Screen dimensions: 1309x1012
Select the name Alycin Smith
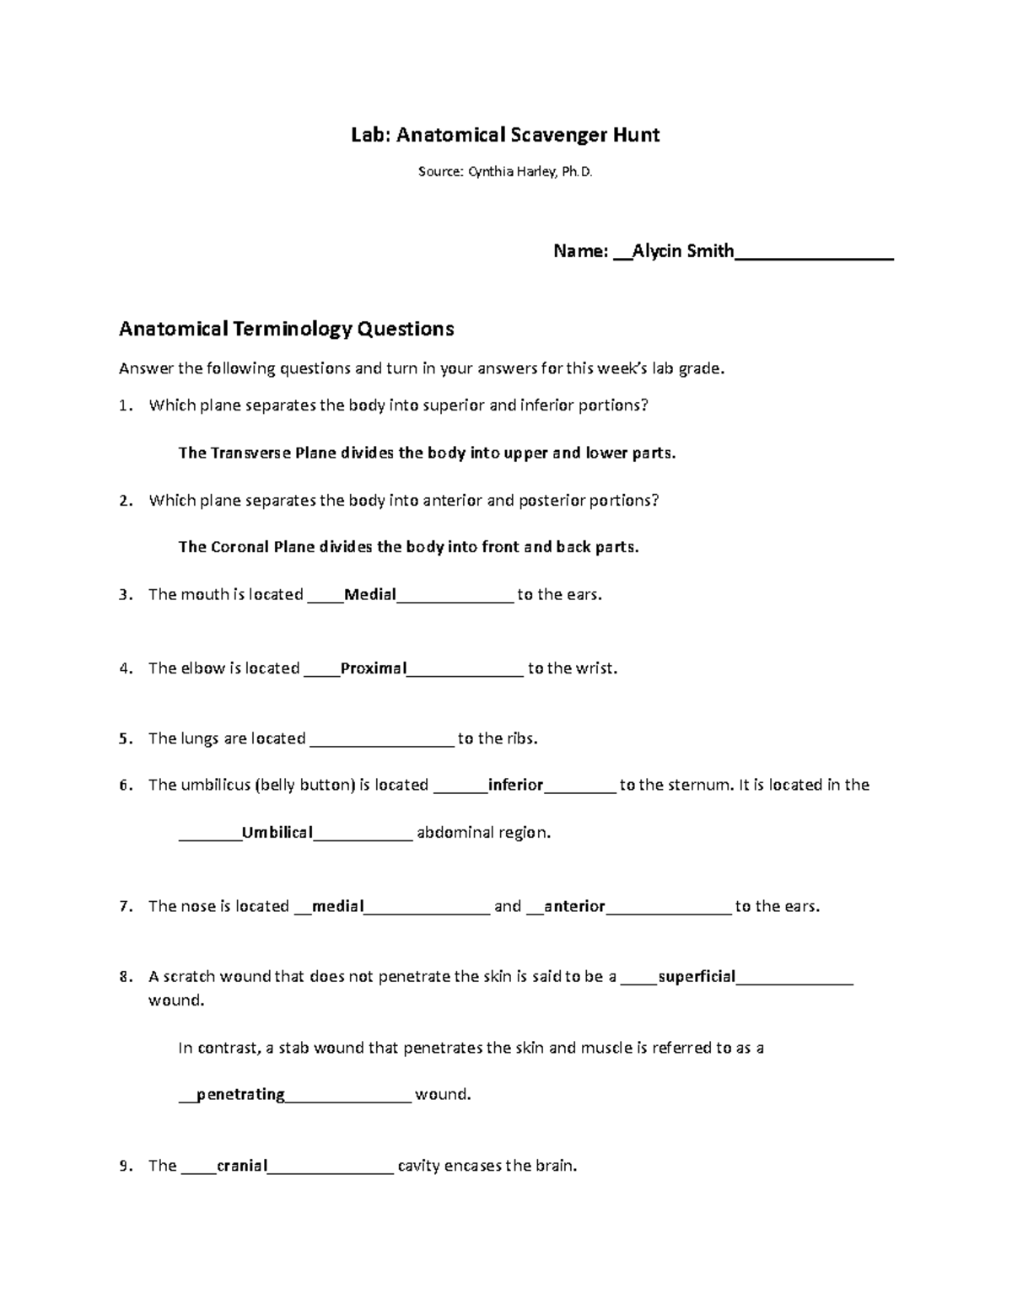pyautogui.click(x=683, y=251)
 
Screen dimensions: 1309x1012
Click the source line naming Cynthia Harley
pyautogui.click(x=505, y=172)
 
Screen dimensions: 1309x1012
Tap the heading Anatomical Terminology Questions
pyautogui.click(x=286, y=329)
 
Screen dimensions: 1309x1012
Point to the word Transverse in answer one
pyautogui.click(x=250, y=453)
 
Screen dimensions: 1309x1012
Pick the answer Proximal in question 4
pyautogui.click(x=374, y=668)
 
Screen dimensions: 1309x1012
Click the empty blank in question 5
pyautogui.click(x=382, y=739)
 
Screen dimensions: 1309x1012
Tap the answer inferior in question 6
pyautogui.click(x=515, y=786)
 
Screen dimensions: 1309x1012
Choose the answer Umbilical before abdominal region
pyautogui.click(x=277, y=833)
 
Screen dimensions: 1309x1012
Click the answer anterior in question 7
pyautogui.click(x=574, y=907)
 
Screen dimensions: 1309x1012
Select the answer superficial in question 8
pyautogui.click(x=697, y=977)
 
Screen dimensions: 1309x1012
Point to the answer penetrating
pyautogui.click(x=240, y=1095)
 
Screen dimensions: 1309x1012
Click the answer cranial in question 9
pyautogui.click(x=242, y=1167)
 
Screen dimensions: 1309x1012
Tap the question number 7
pyautogui.click(x=125, y=907)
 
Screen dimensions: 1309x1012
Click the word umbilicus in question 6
pyautogui.click(x=217, y=786)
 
